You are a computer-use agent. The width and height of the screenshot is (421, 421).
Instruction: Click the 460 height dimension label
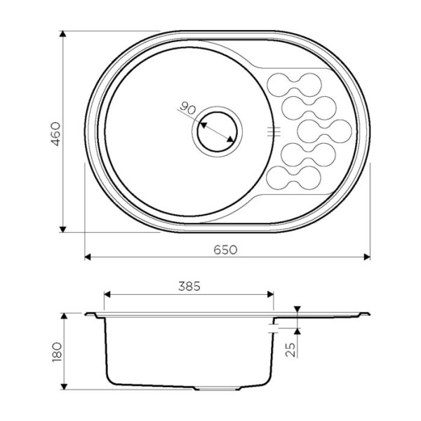point(56,134)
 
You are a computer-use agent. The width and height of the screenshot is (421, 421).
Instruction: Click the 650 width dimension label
point(225,250)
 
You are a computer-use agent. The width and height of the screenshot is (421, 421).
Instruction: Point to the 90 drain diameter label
point(187,108)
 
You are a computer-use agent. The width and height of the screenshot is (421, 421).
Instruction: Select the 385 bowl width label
point(189,286)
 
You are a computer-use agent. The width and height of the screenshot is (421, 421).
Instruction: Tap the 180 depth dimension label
point(57,352)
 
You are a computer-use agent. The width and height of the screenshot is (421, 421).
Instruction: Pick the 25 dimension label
point(290,349)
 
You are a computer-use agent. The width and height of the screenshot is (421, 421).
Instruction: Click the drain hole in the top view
point(217,132)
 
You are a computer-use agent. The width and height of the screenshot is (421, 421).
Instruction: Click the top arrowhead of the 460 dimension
point(62,34)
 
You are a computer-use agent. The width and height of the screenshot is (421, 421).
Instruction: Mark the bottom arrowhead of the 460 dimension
point(62,229)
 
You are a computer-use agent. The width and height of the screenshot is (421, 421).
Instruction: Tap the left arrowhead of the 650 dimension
point(88,257)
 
